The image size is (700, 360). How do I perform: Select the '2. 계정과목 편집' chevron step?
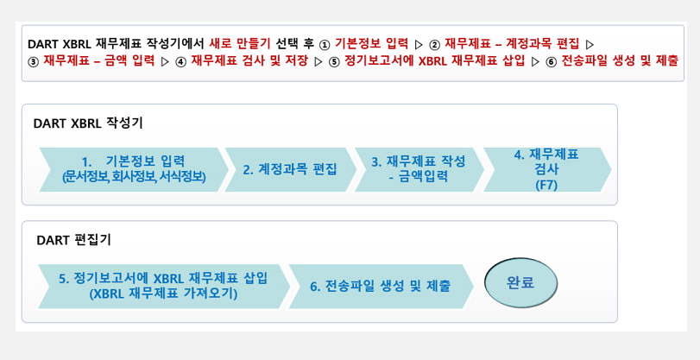(289, 169)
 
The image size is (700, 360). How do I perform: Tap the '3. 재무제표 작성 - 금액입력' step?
(419, 169)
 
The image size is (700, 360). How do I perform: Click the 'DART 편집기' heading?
(73, 239)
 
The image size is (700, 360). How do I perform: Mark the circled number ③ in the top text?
(35, 62)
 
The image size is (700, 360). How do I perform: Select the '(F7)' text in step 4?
(546, 185)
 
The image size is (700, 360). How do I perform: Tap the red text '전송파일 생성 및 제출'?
(620, 62)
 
